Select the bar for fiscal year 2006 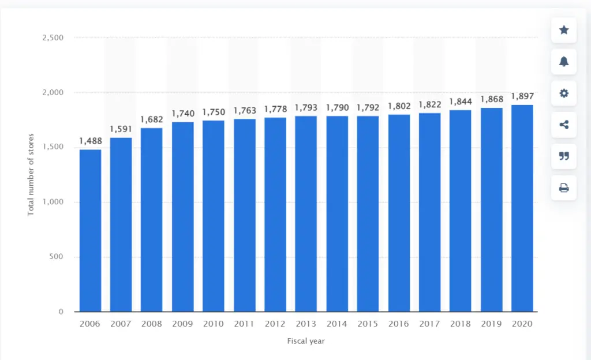[x=90, y=231]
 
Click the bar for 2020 [x=522, y=208]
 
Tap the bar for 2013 [x=306, y=214]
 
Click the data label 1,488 [x=90, y=141]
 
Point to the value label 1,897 [x=522, y=96]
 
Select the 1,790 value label [x=337, y=107]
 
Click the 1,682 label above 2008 [x=152, y=119]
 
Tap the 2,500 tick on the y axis [x=53, y=37]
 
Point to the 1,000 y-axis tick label [x=53, y=202]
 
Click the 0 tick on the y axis [x=61, y=312]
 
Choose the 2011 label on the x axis [x=244, y=324]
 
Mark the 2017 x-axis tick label [x=429, y=324]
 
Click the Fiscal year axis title [x=306, y=341]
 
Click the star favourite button [x=564, y=30]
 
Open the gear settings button [x=564, y=93]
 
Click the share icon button [x=564, y=125]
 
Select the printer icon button [x=564, y=187]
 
